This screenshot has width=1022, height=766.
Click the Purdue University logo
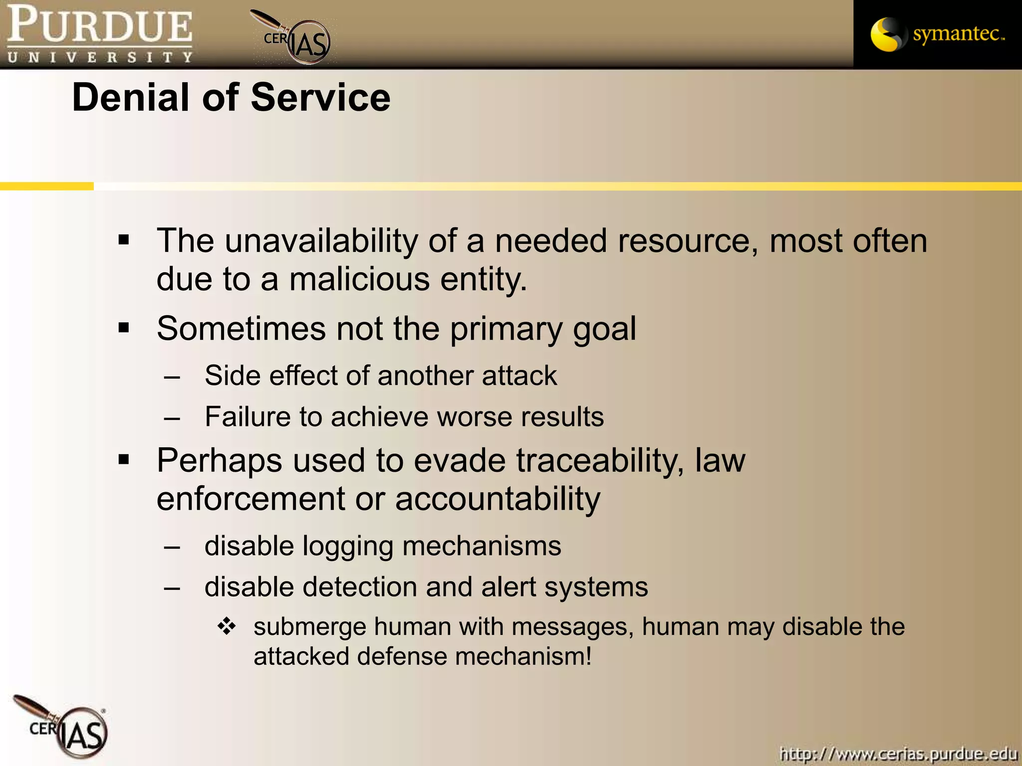coord(99,34)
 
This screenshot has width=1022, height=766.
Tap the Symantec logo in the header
coord(937,34)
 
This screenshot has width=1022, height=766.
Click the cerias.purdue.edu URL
coord(898,753)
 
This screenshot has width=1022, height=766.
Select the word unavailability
coord(321,241)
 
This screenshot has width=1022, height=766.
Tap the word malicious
coord(359,279)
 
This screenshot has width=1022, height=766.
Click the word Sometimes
coord(241,329)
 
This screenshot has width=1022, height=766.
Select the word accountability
coord(498,499)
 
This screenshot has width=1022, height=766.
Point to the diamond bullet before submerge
coord(227,626)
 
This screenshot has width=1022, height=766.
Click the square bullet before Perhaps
coord(124,459)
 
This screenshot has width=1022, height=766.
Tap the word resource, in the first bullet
coord(688,241)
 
